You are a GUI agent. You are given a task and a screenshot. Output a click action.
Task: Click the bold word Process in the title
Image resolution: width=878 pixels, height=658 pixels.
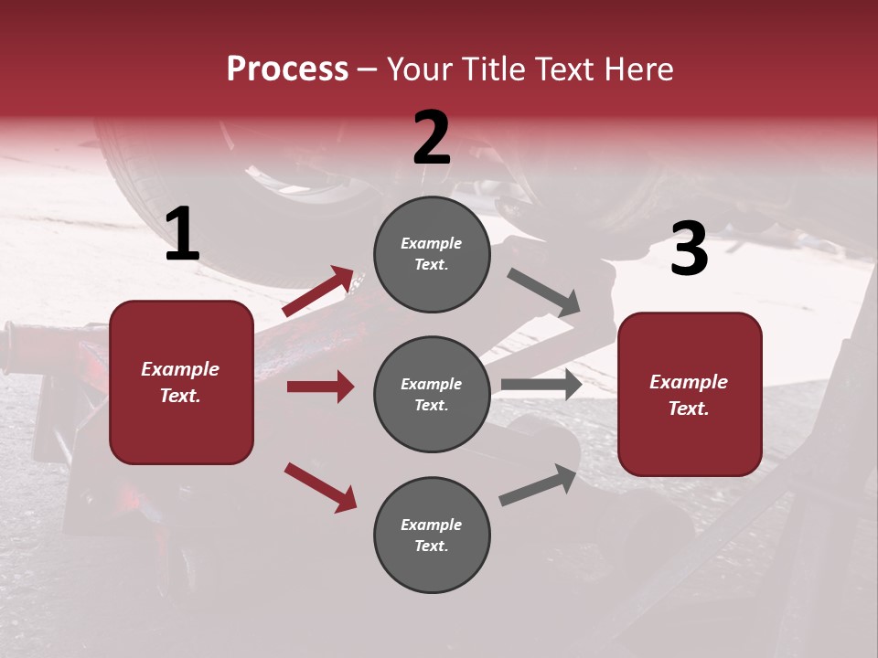click(287, 69)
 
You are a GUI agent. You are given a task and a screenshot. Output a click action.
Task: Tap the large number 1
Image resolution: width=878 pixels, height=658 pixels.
click(182, 235)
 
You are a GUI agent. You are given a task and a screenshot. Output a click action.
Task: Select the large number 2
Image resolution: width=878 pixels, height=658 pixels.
click(432, 138)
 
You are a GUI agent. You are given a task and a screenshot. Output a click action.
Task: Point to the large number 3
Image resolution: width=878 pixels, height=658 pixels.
click(689, 249)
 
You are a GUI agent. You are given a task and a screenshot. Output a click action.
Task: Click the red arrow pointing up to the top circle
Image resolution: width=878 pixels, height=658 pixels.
click(318, 292)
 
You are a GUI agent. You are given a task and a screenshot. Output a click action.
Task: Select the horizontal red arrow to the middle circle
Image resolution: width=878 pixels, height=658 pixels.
click(320, 387)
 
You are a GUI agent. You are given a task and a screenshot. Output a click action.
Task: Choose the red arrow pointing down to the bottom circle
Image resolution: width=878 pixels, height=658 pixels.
click(320, 486)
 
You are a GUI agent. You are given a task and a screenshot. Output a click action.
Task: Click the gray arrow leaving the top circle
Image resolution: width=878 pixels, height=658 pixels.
click(543, 292)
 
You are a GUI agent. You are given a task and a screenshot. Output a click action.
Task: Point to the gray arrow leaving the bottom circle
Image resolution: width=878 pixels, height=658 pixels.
click(538, 485)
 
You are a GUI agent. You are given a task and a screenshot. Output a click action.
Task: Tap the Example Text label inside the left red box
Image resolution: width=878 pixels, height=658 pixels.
click(180, 382)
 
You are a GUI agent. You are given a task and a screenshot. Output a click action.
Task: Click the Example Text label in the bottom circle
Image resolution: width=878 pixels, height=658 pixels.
click(432, 535)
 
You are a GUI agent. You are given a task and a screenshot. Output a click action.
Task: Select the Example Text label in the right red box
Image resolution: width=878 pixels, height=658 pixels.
click(689, 395)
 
